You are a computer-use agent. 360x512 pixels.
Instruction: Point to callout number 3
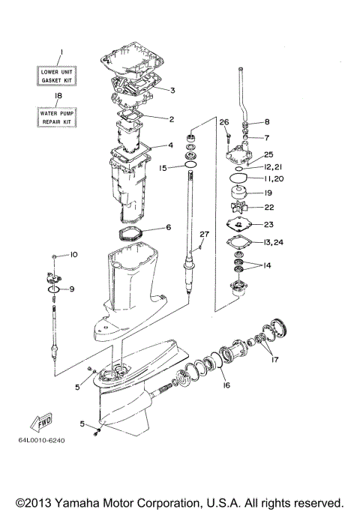[172, 91]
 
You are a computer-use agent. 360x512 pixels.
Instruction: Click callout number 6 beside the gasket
[169, 227]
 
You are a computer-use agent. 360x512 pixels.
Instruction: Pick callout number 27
[202, 235]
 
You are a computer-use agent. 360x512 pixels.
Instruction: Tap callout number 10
[73, 256]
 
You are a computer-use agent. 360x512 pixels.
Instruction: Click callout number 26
[223, 122]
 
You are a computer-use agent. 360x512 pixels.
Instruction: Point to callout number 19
[267, 193]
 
